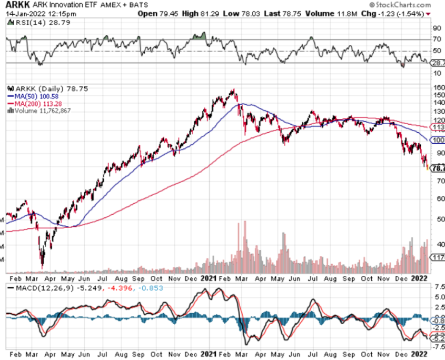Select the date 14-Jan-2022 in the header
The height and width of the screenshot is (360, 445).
21,13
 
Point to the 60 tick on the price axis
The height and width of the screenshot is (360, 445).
437,199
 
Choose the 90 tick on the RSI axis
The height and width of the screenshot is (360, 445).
437,28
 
